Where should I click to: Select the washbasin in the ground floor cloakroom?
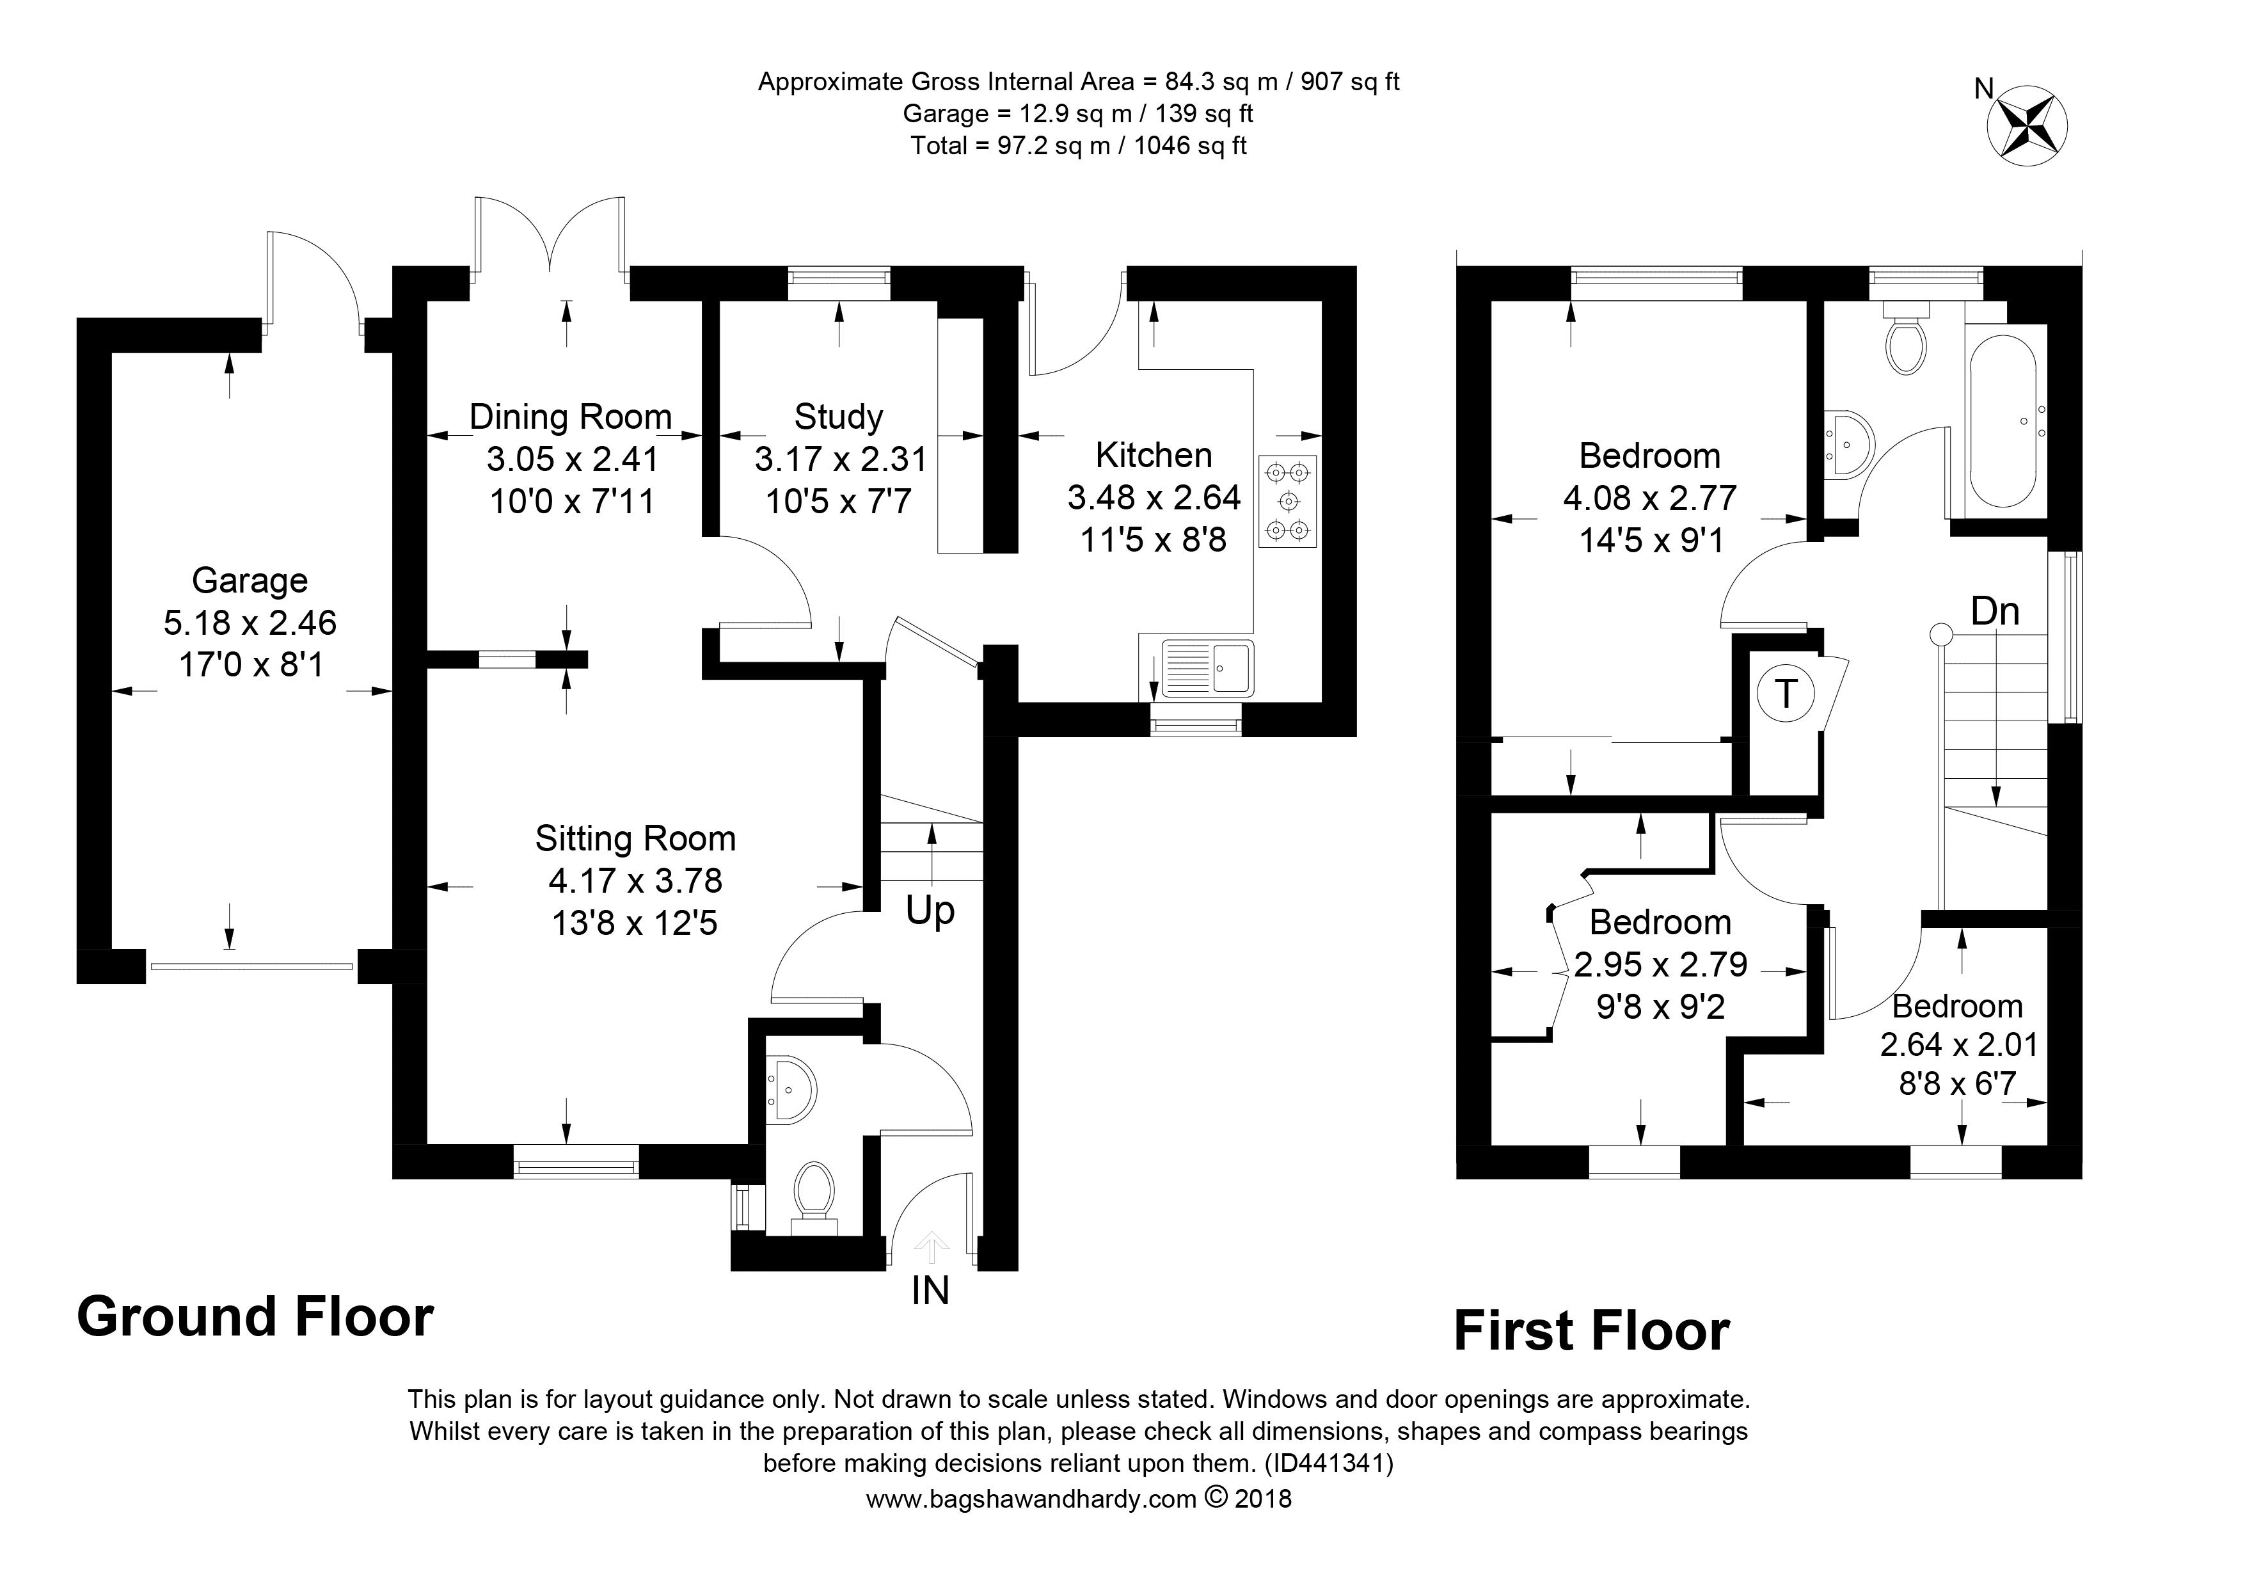(791, 1089)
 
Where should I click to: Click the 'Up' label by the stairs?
(930, 911)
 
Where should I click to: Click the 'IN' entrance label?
(930, 1291)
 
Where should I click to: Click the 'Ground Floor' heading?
(255, 1316)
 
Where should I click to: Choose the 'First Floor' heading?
(1592, 1331)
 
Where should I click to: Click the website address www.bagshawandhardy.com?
(1031, 1499)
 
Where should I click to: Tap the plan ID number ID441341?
(1328, 1463)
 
